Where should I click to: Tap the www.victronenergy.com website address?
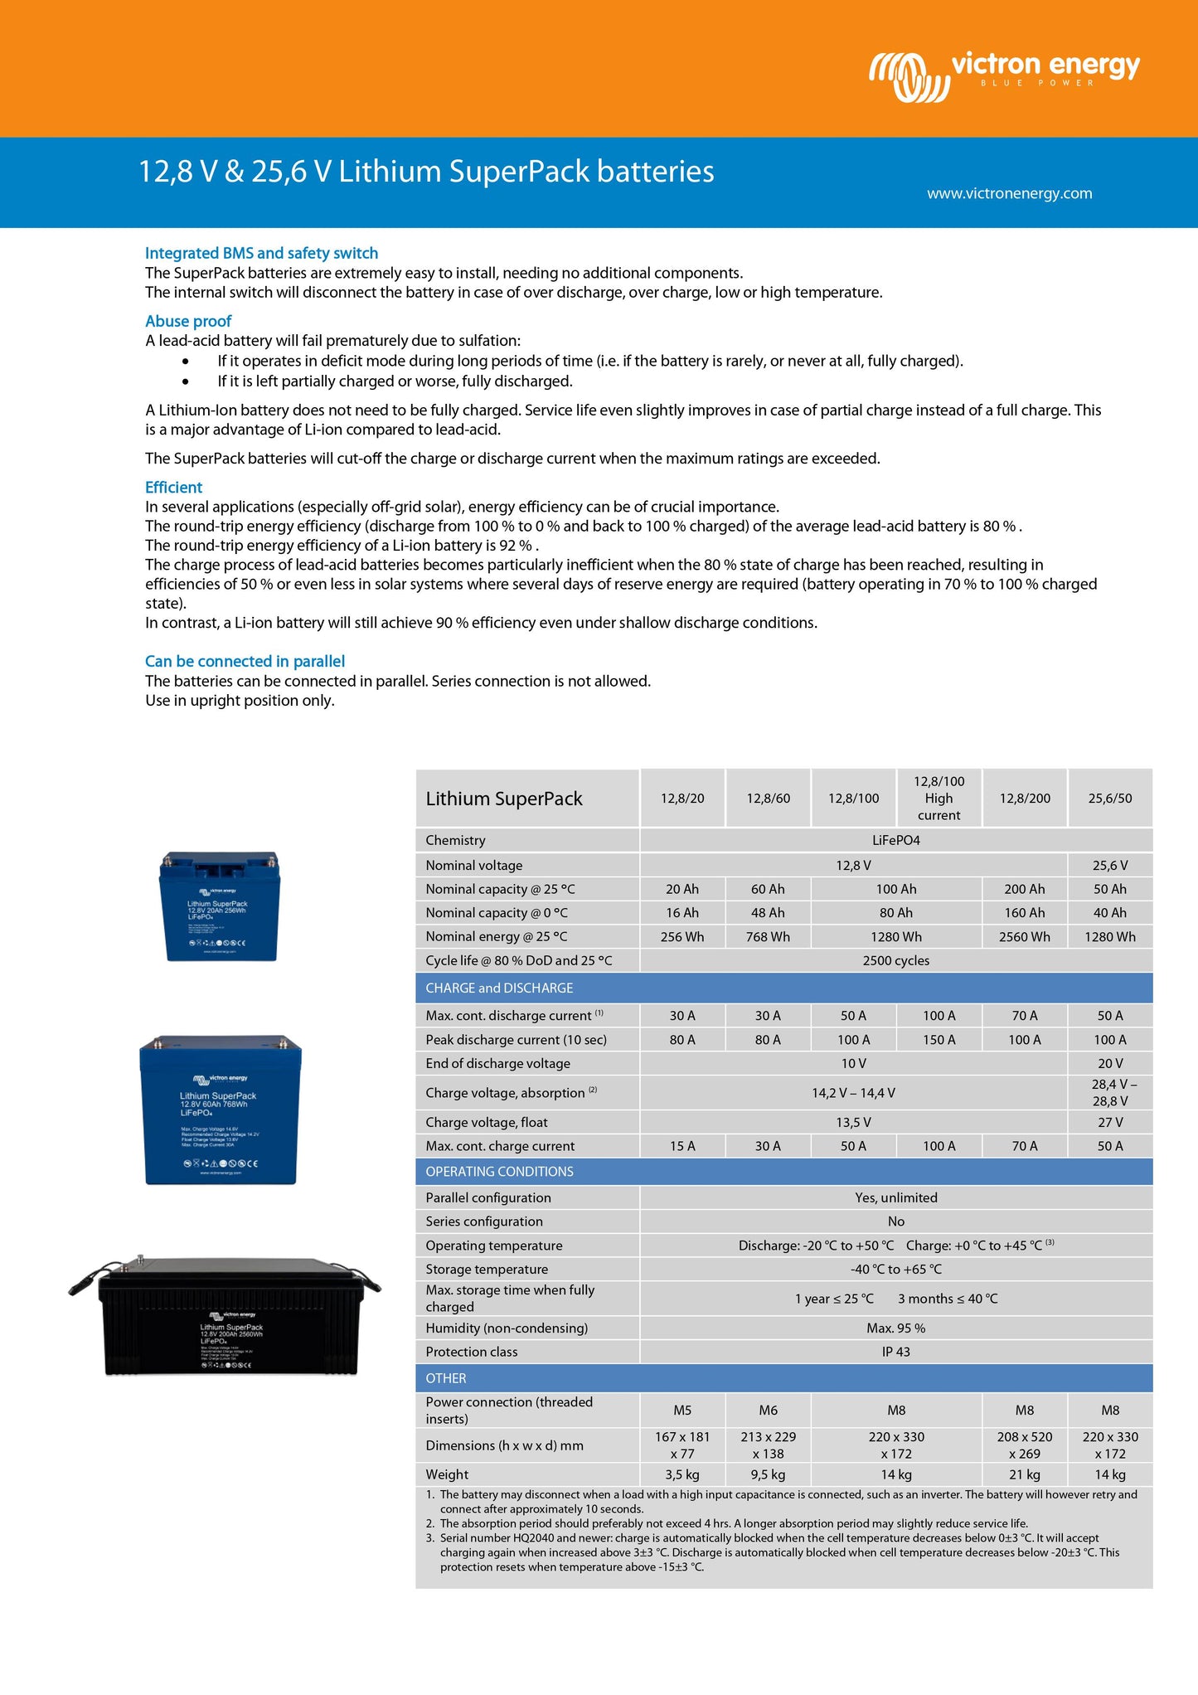click(1009, 193)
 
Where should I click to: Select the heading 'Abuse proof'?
click(188, 321)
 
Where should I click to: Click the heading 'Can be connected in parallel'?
click(245, 661)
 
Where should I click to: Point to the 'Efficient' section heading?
click(173, 487)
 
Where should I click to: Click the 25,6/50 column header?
click(1109, 798)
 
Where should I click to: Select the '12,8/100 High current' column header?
click(939, 798)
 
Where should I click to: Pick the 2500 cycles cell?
click(895, 960)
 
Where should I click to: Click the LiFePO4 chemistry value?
click(895, 840)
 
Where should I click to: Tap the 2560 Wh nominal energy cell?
click(1024, 936)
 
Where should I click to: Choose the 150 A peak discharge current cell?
click(939, 1039)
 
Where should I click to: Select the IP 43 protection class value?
click(895, 1352)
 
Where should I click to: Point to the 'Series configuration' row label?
click(484, 1221)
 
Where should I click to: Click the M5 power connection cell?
click(682, 1410)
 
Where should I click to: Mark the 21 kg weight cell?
click(1024, 1474)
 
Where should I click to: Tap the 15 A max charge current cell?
click(682, 1146)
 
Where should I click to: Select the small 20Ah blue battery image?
click(220, 906)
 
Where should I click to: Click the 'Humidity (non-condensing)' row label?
click(507, 1328)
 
